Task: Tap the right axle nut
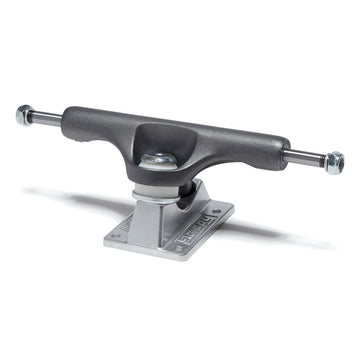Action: [333, 162]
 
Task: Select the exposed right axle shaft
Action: [305, 156]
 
